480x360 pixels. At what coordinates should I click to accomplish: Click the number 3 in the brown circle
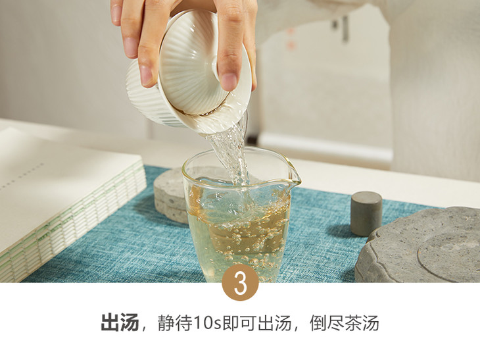coord(240,284)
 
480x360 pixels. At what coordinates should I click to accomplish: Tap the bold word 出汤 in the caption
coord(120,322)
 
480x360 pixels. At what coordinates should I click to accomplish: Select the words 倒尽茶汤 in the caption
coord(344,322)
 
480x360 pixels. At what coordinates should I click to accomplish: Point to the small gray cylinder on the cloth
coord(366,213)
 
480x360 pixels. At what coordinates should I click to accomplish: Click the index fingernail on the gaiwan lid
coord(229,81)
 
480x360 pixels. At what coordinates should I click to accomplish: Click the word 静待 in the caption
coord(175,322)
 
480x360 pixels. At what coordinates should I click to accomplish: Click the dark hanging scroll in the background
coord(345,28)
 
